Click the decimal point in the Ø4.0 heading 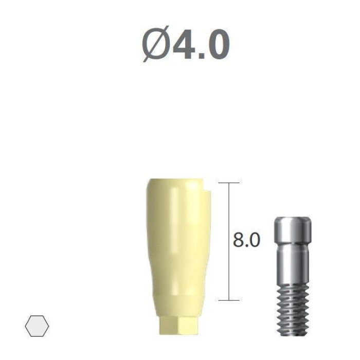pos(202,56)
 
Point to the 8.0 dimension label pos(246,240)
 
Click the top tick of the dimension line pos(229,183)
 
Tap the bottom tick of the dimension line pos(229,300)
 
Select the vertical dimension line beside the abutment pos(229,241)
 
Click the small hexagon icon pos(37,326)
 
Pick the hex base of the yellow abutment pos(178,325)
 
